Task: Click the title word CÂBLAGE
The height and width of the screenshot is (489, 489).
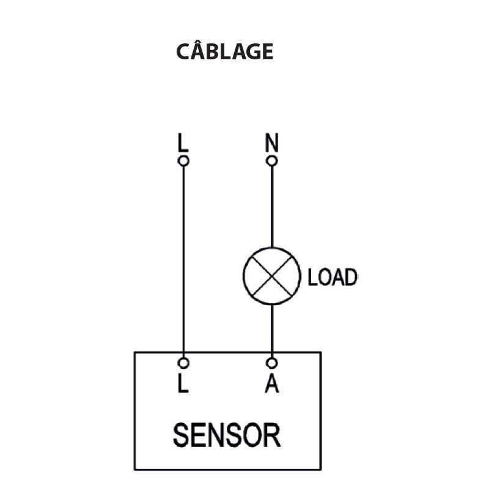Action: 224,52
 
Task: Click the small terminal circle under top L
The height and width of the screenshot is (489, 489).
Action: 183,161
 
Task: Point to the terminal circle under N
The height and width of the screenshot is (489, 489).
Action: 272,161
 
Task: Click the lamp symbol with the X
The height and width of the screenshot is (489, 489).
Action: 272,276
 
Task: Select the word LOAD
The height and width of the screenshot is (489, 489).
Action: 332,278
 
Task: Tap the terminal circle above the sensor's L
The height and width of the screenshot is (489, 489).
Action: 183,363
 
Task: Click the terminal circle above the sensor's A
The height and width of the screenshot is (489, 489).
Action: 272,363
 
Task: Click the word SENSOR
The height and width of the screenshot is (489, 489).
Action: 226,435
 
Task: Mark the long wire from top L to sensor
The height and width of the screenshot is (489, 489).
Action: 183,257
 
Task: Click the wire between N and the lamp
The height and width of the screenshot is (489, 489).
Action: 272,205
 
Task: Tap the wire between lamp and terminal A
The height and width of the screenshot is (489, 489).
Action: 272,330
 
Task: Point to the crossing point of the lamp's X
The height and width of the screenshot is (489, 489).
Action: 272,276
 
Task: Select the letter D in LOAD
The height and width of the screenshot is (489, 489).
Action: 349,278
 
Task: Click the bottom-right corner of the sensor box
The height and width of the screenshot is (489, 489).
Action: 321,469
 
